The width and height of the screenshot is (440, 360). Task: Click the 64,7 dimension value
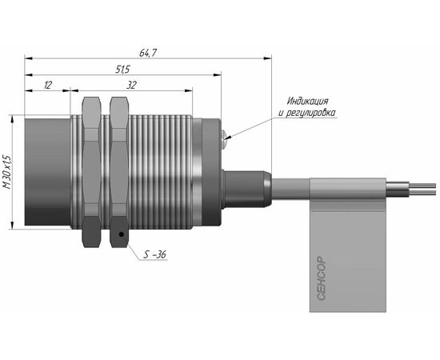[x=148, y=53]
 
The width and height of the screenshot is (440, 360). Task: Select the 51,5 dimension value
[x=122, y=70]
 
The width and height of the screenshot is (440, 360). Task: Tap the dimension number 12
[x=48, y=85]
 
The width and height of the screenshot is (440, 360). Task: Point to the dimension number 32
[x=131, y=85]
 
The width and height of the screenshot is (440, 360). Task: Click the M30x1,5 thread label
[x=7, y=171]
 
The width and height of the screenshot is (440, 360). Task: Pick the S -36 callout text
[x=154, y=254]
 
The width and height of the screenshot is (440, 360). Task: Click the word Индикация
[x=307, y=101]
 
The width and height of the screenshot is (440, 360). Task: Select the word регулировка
[x=310, y=113]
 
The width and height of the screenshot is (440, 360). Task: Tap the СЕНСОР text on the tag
[x=322, y=278]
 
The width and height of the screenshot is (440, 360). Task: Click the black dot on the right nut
[x=122, y=234]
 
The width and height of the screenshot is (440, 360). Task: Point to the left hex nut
[x=91, y=172]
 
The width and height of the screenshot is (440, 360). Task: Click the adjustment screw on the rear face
[x=224, y=139]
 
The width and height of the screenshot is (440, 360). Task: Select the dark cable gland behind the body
[x=246, y=190]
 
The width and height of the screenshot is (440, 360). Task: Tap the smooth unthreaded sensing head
[x=47, y=172]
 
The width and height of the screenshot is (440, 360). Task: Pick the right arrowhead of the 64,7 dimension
[x=268, y=58]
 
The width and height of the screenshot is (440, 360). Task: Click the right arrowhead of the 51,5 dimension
[x=217, y=75]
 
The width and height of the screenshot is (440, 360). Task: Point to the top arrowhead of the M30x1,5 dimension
[x=12, y=119]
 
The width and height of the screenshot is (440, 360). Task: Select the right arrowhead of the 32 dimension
[x=189, y=90]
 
